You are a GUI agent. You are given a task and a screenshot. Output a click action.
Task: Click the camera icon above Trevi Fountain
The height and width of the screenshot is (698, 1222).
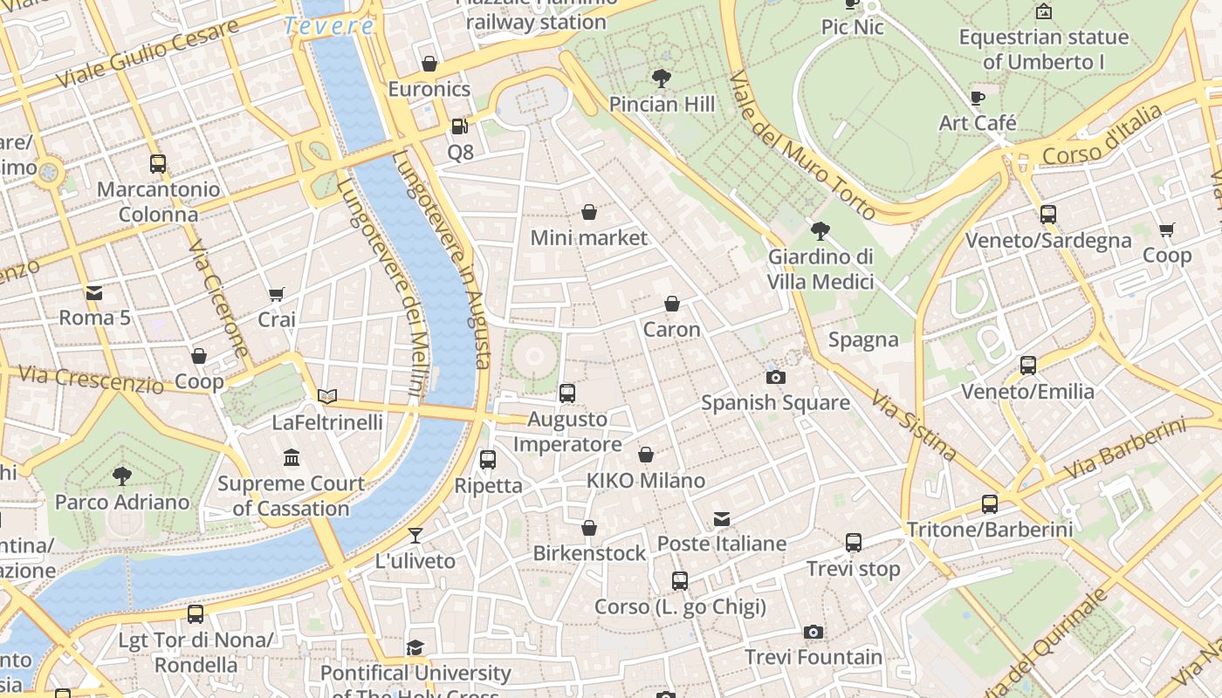point(813,632)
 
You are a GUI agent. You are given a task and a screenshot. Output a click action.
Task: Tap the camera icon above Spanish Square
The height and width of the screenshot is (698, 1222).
point(775,377)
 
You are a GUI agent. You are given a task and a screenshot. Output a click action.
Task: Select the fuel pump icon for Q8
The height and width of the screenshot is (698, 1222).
point(459,127)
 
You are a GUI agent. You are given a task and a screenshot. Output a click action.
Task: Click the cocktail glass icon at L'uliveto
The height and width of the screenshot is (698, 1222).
point(415,535)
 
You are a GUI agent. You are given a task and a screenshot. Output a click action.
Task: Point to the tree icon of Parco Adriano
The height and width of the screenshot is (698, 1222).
point(122,476)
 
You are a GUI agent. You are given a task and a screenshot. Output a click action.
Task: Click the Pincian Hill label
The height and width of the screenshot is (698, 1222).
point(662,105)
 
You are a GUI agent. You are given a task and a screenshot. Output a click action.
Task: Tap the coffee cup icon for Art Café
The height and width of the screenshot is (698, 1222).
point(977,98)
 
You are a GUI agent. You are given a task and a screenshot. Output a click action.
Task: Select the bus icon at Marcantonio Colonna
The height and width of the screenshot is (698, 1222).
point(158,163)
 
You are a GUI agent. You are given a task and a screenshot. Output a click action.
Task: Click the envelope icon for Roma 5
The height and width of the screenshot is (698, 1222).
point(93,292)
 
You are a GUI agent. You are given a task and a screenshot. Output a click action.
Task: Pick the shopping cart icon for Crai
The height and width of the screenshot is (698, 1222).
point(277,294)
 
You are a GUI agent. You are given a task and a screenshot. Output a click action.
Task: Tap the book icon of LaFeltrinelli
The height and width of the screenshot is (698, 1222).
point(327,396)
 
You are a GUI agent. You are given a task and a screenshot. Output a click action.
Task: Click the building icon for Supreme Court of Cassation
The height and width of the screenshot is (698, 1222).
point(291,457)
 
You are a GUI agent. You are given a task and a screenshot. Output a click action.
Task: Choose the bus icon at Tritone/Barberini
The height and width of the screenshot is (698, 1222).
point(989,503)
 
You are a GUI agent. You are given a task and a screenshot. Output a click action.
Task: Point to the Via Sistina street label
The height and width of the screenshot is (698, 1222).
point(913,425)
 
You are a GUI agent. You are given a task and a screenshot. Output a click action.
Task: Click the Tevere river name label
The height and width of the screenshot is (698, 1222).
point(329,26)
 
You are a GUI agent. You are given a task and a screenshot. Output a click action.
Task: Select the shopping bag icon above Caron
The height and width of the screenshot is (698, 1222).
point(671,304)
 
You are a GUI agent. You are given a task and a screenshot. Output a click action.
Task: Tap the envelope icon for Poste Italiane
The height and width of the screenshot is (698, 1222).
point(722,518)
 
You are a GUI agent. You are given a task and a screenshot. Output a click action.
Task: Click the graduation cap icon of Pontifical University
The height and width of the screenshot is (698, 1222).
point(415,647)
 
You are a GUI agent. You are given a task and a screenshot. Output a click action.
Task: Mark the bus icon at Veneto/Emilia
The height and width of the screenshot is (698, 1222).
point(1027,366)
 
